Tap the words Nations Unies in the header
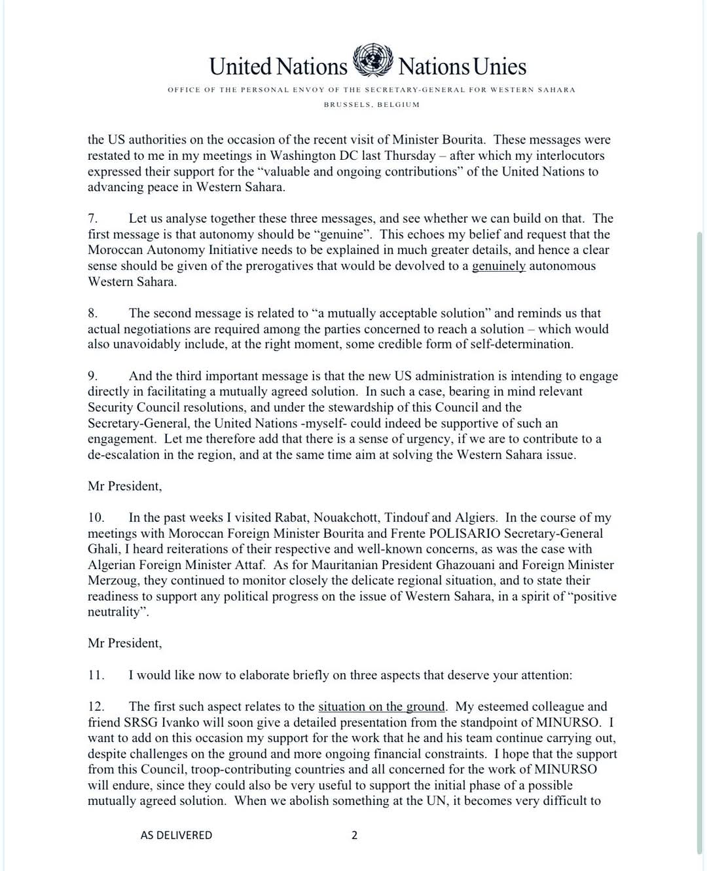(x=462, y=66)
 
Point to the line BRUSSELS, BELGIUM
(x=371, y=104)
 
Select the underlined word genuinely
(x=498, y=266)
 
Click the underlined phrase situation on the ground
(x=382, y=707)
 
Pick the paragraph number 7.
(x=93, y=219)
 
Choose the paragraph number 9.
(x=93, y=376)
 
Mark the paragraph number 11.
(x=96, y=675)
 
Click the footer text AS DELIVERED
(x=176, y=835)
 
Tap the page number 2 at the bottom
(x=355, y=835)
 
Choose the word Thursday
(x=405, y=156)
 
